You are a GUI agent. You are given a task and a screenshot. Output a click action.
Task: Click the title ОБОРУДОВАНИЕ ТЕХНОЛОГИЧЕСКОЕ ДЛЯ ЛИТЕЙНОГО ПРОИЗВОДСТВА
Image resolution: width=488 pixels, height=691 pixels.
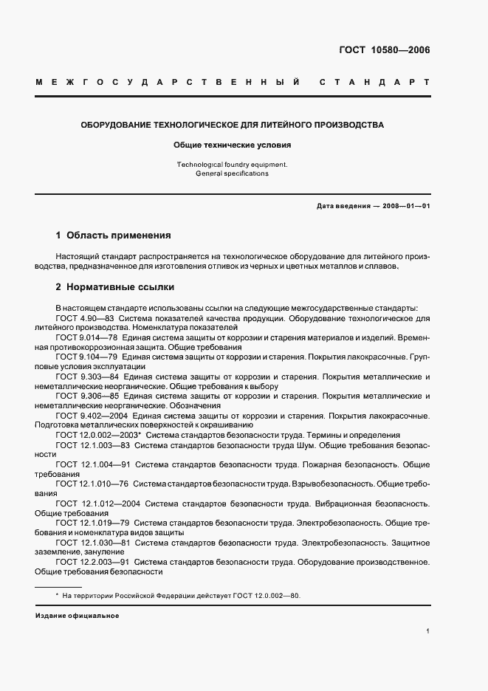pos(233,126)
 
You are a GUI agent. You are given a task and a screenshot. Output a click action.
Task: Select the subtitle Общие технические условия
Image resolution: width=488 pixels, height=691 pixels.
pos(233,146)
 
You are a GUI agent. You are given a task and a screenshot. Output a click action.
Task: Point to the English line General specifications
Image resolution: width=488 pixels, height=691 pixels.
pos(233,174)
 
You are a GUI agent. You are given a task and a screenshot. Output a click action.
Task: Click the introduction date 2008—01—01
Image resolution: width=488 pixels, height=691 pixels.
pos(405,206)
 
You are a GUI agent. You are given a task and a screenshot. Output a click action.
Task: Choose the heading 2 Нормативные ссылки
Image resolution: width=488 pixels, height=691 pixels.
pos(114,287)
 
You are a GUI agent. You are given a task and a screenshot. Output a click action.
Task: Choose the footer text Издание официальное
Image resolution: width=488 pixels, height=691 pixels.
pos(77,616)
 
